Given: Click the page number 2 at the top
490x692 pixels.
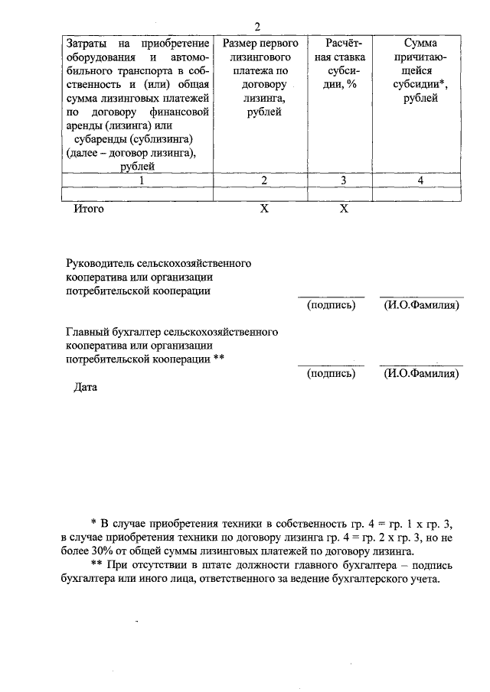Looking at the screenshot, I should (x=258, y=27).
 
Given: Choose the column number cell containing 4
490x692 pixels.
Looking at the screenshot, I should (x=420, y=180).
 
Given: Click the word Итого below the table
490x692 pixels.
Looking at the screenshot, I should (x=88, y=208).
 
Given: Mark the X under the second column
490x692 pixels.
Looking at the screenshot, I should (x=263, y=208).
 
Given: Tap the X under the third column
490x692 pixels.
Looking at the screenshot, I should (x=344, y=208).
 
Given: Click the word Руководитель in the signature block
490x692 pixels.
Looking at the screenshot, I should (x=100, y=264).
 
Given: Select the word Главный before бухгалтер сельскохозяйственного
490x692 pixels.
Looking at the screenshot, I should (x=88, y=332).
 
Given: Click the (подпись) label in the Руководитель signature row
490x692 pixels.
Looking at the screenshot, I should (x=331, y=306).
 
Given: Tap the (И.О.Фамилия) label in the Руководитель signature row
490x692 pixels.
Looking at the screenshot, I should (x=421, y=306).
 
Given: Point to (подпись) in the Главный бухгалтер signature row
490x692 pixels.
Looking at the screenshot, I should (x=331, y=374).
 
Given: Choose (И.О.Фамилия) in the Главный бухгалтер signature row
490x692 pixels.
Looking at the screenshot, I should (x=421, y=374).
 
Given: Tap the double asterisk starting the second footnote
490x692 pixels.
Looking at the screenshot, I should (x=96, y=565).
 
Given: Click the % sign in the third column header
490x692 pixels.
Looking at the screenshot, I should (x=352, y=84).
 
